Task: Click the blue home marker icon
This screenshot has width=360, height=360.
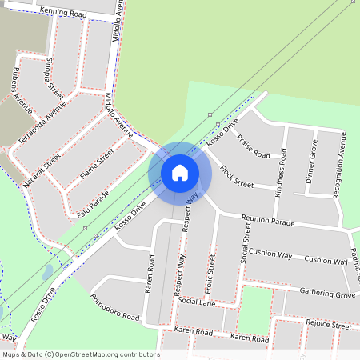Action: point(180,172)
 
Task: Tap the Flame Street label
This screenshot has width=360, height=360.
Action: point(97,162)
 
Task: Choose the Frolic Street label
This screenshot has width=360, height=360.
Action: point(213,270)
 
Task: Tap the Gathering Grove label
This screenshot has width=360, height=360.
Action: point(326,295)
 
